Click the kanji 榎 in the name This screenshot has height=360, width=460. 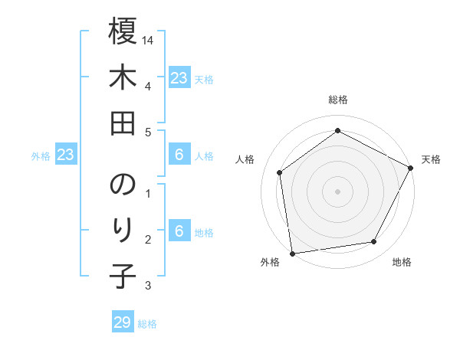pos(123,33)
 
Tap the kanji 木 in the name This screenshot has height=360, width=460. pos(123,79)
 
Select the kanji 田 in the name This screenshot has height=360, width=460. pos(123,125)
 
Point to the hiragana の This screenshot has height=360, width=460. pos(123,185)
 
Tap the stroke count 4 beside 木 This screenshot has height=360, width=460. pos(147,86)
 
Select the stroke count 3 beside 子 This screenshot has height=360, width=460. pos(147,286)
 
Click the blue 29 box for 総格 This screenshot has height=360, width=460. pos(123,322)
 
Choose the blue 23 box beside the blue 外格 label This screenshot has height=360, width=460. pos(66,155)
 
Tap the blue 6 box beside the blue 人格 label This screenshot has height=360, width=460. pos(179,155)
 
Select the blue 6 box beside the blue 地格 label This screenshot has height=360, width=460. pos(179,232)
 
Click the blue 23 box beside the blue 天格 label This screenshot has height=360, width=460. pos(179,78)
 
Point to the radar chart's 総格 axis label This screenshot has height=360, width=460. pos(337,100)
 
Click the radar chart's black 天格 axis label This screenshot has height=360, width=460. pos(431,159)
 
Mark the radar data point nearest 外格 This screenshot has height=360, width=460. pos(292,253)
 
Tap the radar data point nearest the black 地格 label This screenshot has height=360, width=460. pos(374,242)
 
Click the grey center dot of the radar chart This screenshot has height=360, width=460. pos(337,191)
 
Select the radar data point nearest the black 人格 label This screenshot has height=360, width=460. pos(280,172)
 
